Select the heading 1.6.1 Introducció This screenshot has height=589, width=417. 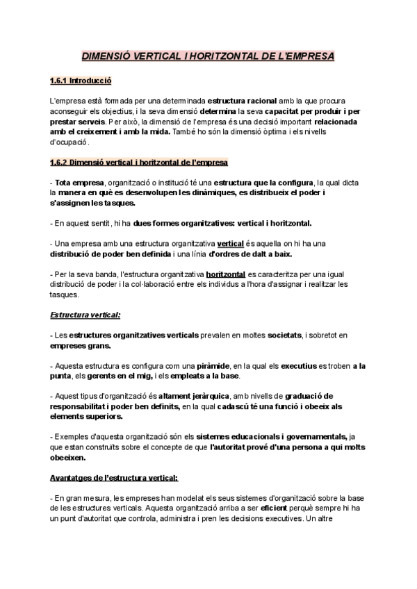click(81, 81)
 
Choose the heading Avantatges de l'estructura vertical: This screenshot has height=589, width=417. click(115, 479)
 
